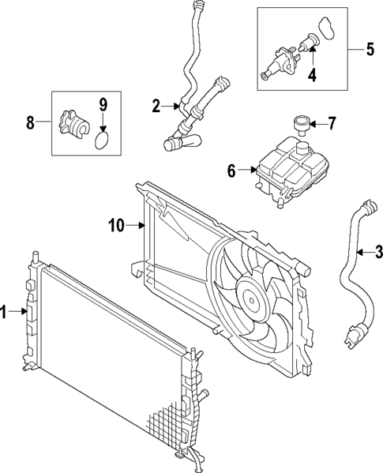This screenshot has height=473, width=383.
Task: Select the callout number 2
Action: (x=156, y=105)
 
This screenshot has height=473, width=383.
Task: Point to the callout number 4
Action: (x=312, y=76)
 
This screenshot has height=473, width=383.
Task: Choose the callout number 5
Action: (x=370, y=49)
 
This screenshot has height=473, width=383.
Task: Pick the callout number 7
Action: (x=332, y=123)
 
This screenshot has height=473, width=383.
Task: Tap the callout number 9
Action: (x=103, y=103)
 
